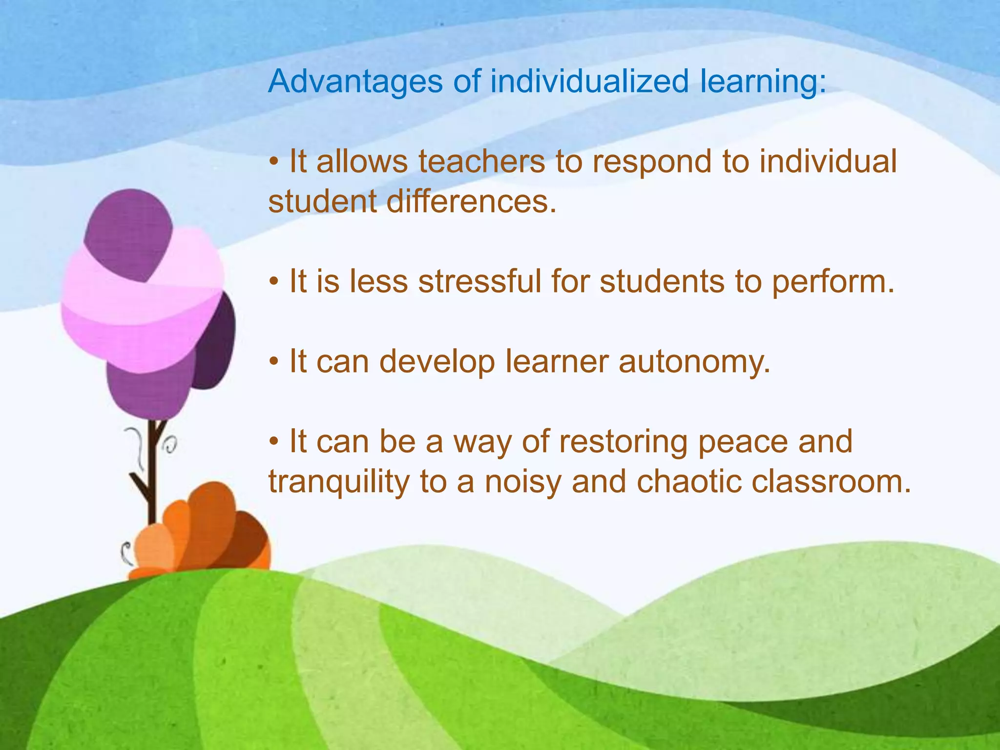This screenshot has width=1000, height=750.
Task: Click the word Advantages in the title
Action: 355,82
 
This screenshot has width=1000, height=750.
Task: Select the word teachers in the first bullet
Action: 481,162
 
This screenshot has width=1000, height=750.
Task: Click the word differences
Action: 471,202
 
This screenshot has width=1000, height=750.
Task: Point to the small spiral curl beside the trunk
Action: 170,444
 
